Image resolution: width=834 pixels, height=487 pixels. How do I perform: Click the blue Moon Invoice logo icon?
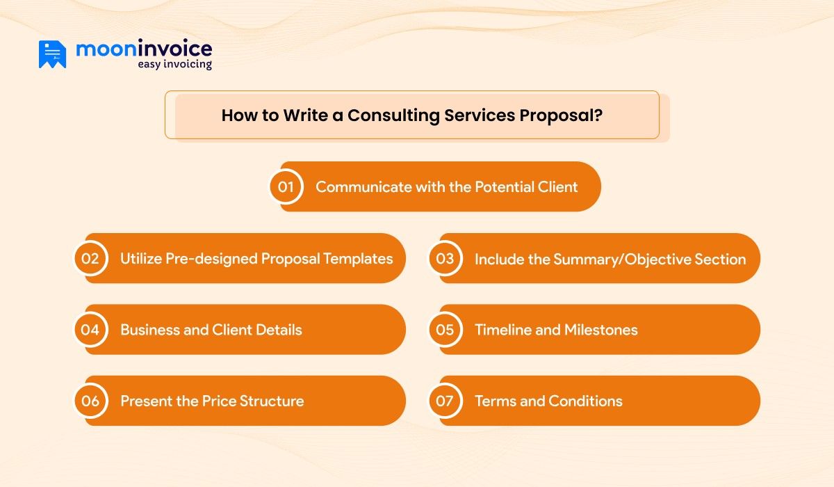pos(52,54)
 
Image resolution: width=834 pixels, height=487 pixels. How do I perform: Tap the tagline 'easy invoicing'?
pos(174,65)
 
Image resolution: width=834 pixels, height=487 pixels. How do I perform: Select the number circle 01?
pos(286,187)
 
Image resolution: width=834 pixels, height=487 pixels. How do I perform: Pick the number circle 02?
pos(90,259)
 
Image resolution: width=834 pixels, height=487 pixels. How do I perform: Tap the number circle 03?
pos(445,259)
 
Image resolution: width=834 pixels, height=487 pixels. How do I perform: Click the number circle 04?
pos(90,330)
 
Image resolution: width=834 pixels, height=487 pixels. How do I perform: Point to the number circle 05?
pos(445,330)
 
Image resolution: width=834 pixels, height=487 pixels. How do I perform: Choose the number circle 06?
pos(90,401)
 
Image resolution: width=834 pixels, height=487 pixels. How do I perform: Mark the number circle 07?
pos(445,401)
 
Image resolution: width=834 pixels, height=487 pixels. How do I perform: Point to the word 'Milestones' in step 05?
pos(600,330)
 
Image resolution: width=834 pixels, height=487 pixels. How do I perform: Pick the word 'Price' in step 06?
pos(219,401)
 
